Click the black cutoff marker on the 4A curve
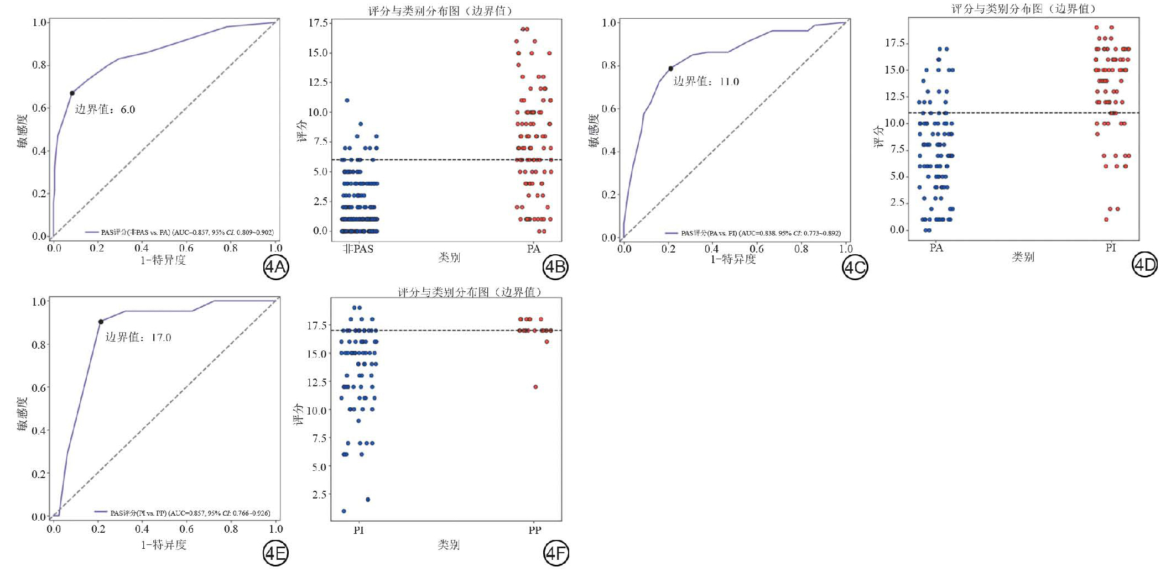pyautogui.click(x=72, y=93)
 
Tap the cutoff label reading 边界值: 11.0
pyautogui.click(x=706, y=82)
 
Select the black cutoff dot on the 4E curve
pyautogui.click(x=101, y=322)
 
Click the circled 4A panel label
pyautogui.click(x=275, y=267)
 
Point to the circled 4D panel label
pyautogui.click(x=1144, y=265)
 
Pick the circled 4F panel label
pyautogui.click(x=555, y=553)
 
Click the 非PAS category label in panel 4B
pyautogui.click(x=358, y=249)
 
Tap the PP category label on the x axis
pyautogui.click(x=534, y=531)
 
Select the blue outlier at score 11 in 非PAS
pyautogui.click(x=347, y=101)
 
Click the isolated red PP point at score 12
pyautogui.click(x=535, y=387)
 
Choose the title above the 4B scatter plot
pyautogui.click(x=440, y=11)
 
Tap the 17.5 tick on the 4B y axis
pyautogui.click(x=318, y=23)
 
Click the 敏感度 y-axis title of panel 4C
pyautogui.click(x=594, y=130)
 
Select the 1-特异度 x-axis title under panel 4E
pyautogui.click(x=164, y=545)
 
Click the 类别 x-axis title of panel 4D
pyautogui.click(x=1023, y=257)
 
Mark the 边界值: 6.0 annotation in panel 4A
pyautogui.click(x=105, y=109)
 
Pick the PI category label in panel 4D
pyautogui.click(x=1110, y=248)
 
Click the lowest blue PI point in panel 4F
pyautogui.click(x=344, y=511)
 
